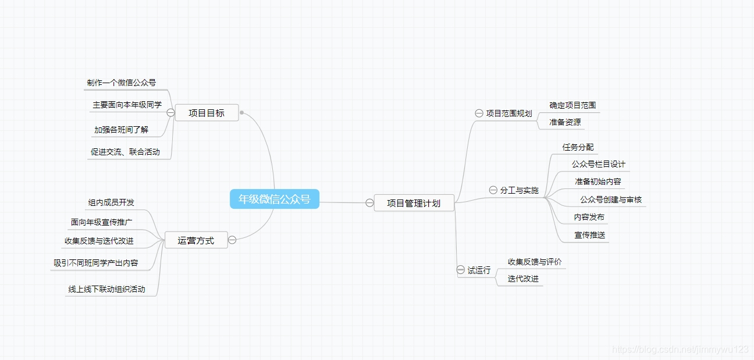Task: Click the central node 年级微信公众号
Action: [x=275, y=199]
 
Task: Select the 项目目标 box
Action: [x=207, y=113]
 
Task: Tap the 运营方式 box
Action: [x=196, y=240]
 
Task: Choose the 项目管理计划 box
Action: [x=414, y=203]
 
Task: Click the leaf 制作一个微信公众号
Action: [x=122, y=83]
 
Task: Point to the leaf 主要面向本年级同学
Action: [x=127, y=105]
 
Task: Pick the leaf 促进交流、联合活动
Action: [x=125, y=152]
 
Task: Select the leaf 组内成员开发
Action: [x=111, y=202]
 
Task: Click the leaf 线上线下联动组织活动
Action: [x=106, y=289]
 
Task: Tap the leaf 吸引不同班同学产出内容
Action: [x=96, y=263]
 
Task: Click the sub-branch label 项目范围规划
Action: [x=509, y=113]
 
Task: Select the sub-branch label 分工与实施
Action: [x=520, y=190]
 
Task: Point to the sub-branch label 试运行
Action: [x=479, y=270]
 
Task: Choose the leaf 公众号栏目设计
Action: [x=599, y=164]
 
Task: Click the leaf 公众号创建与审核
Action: [x=611, y=199]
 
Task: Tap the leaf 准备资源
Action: [x=565, y=123]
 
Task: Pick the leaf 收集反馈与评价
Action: [x=535, y=262]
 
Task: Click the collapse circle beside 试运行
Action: [x=461, y=270]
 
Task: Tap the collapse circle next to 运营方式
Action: [x=232, y=240]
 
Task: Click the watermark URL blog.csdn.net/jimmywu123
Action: [x=680, y=349]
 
